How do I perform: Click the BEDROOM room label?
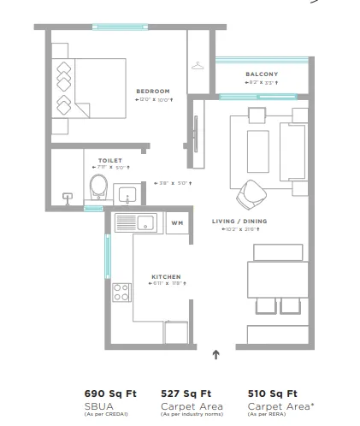pyautogui.click(x=153, y=91)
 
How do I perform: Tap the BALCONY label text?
pyautogui.click(x=262, y=74)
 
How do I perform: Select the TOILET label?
pyautogui.click(x=110, y=160)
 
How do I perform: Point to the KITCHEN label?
pyautogui.click(x=165, y=276)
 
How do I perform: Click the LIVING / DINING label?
pyautogui.click(x=238, y=221)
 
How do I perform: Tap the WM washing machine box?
pyautogui.click(x=177, y=222)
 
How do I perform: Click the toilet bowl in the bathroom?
pyautogui.click(x=98, y=186)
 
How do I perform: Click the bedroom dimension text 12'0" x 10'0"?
pyautogui.click(x=153, y=100)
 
